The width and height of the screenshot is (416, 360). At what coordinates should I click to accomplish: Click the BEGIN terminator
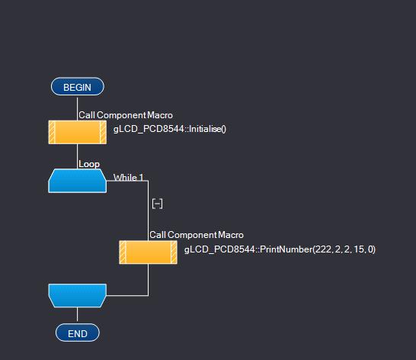(x=78, y=87)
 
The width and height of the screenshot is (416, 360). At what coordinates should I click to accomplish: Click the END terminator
(x=78, y=333)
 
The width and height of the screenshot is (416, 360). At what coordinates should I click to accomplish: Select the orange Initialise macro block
(x=78, y=132)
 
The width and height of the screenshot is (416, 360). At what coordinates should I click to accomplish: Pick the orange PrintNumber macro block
(x=149, y=252)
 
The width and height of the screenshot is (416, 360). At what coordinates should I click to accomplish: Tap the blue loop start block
(x=78, y=181)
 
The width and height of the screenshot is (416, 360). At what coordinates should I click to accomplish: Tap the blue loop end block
(x=78, y=295)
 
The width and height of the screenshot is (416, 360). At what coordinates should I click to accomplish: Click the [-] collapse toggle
(x=157, y=204)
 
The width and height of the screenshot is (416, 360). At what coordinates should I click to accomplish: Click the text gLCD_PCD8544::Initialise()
(x=170, y=129)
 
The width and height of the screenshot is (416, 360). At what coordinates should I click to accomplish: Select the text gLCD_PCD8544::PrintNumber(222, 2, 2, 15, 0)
(x=280, y=249)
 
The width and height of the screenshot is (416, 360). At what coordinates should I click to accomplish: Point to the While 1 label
(x=129, y=177)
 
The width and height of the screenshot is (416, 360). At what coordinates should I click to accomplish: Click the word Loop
(x=89, y=164)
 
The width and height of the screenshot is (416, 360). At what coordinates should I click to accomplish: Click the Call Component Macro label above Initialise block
(x=126, y=115)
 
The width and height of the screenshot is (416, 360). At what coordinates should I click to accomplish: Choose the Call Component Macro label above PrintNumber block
(x=197, y=235)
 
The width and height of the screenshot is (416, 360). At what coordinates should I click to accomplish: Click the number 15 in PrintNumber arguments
(x=358, y=249)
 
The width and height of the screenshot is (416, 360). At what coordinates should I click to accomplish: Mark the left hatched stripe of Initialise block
(x=52, y=132)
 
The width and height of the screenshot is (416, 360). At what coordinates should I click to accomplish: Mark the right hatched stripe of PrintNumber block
(x=174, y=252)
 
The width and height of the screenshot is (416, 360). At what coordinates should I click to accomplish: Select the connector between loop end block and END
(x=77, y=314)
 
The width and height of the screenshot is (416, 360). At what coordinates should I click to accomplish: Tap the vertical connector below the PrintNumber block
(x=148, y=280)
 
